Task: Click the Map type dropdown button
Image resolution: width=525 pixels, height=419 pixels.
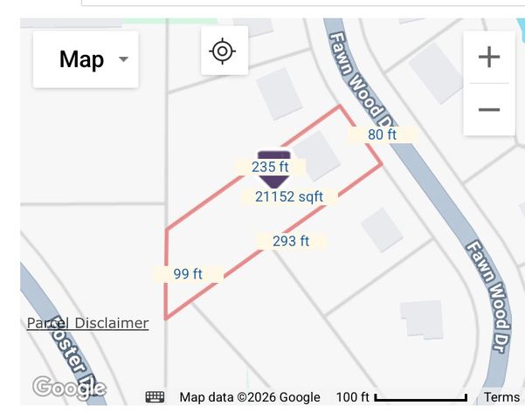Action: pyautogui.click(x=85, y=59)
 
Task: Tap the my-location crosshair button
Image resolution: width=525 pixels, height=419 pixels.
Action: pyautogui.click(x=223, y=51)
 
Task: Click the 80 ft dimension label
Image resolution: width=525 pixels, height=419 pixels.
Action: pyautogui.click(x=382, y=134)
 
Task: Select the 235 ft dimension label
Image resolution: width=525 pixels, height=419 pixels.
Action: pyautogui.click(x=270, y=167)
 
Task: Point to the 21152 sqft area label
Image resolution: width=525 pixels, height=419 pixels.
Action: pyautogui.click(x=289, y=197)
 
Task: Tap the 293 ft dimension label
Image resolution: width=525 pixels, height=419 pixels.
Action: pyautogui.click(x=291, y=241)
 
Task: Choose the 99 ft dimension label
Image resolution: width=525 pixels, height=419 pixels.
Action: pyautogui.click(x=188, y=274)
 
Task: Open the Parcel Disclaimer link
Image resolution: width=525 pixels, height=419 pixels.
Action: pyautogui.click(x=87, y=323)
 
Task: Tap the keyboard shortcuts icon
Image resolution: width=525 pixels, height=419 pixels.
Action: pyautogui.click(x=155, y=397)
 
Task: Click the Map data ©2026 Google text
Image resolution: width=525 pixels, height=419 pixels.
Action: pyautogui.click(x=250, y=397)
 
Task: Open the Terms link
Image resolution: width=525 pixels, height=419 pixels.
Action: pyautogui.click(x=501, y=397)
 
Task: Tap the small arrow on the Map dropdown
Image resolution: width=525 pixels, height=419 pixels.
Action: pyautogui.click(x=123, y=59)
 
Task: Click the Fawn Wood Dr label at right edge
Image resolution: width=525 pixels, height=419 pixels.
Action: pyautogui.click(x=493, y=281)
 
